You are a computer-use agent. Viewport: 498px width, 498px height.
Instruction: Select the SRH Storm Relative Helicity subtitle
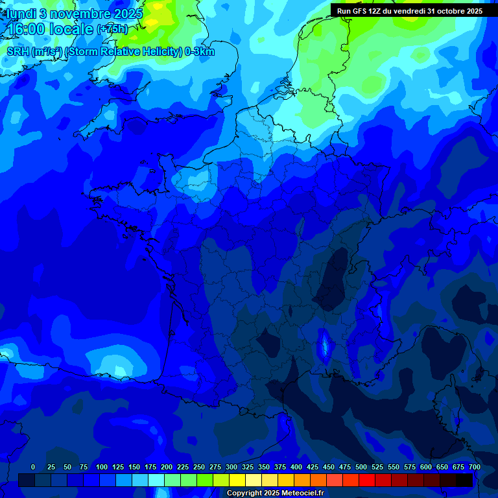click(110, 52)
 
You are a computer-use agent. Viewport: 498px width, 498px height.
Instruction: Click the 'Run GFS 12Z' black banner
click(409, 11)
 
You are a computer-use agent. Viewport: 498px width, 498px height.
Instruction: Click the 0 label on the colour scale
click(33, 467)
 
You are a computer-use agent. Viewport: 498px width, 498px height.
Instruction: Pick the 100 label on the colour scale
click(102, 467)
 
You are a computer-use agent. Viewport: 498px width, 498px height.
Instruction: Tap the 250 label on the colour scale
click(199, 467)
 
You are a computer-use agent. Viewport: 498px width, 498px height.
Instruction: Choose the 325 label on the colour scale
click(248, 467)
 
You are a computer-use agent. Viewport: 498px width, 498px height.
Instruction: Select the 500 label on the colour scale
click(361, 467)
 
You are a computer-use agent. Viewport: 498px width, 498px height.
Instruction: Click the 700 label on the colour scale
click(475, 467)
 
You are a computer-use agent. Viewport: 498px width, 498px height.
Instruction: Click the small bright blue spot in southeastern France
click(323, 345)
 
